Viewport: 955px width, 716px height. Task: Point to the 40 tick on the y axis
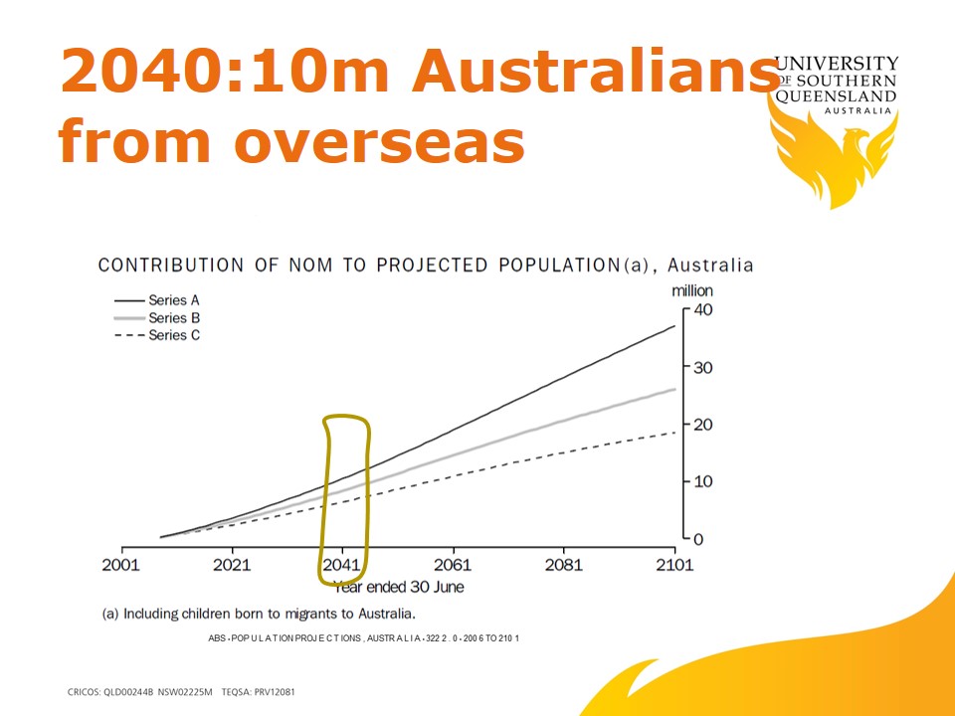(x=703, y=309)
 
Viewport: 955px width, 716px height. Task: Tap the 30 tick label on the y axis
(x=703, y=367)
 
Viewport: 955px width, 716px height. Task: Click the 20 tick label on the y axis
(x=703, y=425)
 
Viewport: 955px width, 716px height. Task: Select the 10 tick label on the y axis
(x=703, y=481)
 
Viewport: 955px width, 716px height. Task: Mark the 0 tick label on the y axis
(x=698, y=539)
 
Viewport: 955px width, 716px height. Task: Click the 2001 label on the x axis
(x=120, y=565)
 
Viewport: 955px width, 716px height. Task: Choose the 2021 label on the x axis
(x=232, y=565)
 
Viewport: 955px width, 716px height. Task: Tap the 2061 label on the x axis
(x=453, y=565)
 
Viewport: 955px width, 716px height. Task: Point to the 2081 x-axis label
(x=563, y=565)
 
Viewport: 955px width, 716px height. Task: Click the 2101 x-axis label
(x=674, y=565)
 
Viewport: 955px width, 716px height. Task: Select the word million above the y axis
(x=692, y=291)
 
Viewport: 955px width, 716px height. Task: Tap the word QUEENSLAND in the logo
(x=836, y=96)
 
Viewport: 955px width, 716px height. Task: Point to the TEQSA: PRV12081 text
(x=259, y=692)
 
